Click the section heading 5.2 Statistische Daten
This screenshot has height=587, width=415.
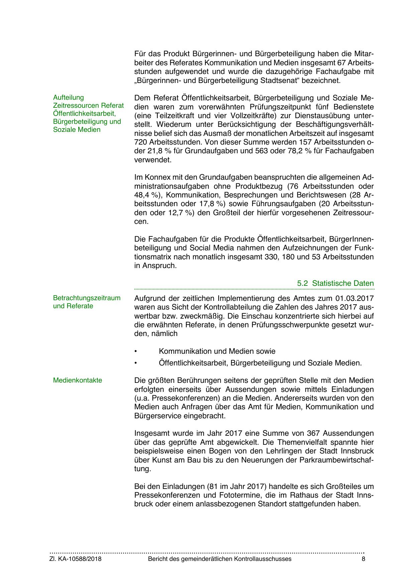pyautogui.click(x=335, y=283)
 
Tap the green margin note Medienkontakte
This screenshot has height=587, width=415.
pyautogui.click(x=78, y=380)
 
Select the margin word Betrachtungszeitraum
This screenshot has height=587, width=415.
pyautogui.click(x=87, y=298)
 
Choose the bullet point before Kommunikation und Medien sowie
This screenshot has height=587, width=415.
pyautogui.click(x=135, y=351)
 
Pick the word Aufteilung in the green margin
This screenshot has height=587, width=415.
pyautogui.click(x=69, y=97)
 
